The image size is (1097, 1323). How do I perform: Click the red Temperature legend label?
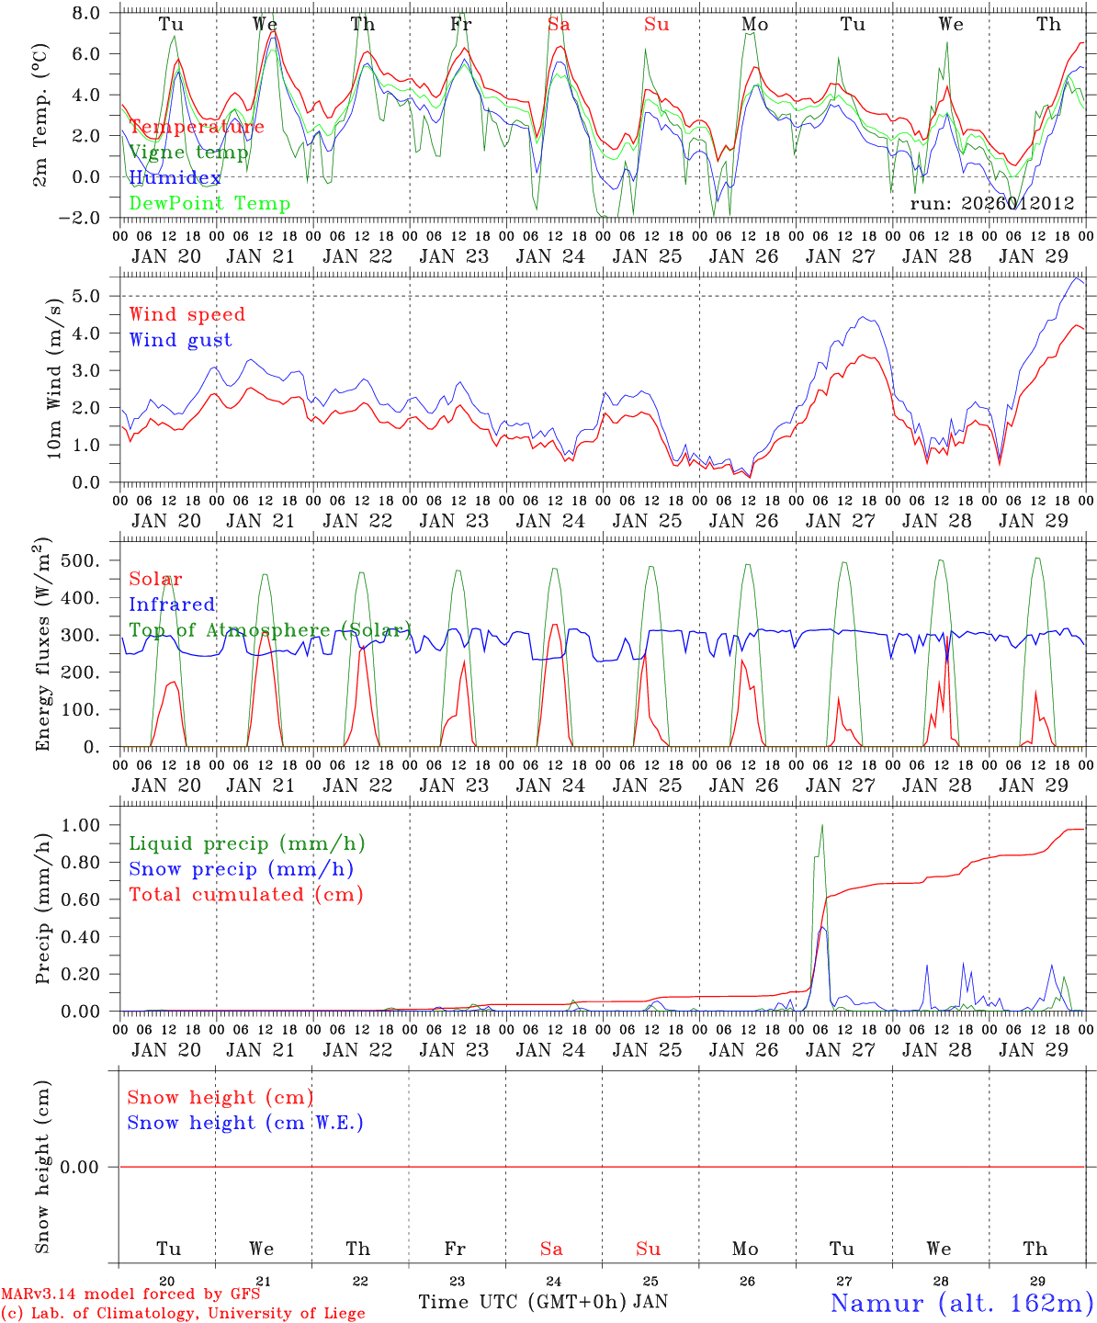click(x=197, y=127)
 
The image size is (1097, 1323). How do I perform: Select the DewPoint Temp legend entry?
click(x=209, y=203)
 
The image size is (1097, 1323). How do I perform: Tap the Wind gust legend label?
click(x=180, y=340)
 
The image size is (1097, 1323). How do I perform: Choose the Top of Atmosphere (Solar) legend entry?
click(x=269, y=630)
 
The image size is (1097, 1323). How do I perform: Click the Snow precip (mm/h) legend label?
click(x=241, y=869)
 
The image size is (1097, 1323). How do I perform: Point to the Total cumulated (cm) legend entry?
click(x=245, y=894)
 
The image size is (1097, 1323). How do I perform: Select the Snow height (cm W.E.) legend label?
click(x=245, y=1123)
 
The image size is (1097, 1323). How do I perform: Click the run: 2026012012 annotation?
click(x=991, y=203)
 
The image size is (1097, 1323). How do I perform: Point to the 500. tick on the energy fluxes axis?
click(x=90, y=560)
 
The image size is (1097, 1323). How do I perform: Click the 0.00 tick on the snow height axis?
click(x=91, y=1167)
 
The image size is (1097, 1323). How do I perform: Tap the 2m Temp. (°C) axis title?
click(x=41, y=116)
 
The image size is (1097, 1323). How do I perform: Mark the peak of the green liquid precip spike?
click(x=821, y=825)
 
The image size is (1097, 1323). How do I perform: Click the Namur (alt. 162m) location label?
click(x=961, y=1303)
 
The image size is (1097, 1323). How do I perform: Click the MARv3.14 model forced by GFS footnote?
click(x=130, y=1295)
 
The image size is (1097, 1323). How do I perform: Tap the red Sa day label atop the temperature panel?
click(x=559, y=24)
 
